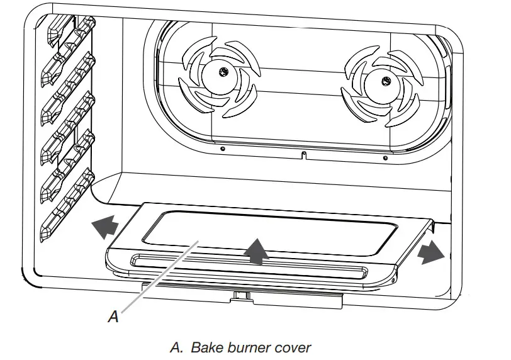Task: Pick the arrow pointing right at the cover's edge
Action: point(430,252)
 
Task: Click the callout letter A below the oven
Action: point(113,317)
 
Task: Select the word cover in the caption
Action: point(292,347)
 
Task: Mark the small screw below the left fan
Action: point(223,149)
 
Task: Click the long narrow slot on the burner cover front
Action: point(248,266)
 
